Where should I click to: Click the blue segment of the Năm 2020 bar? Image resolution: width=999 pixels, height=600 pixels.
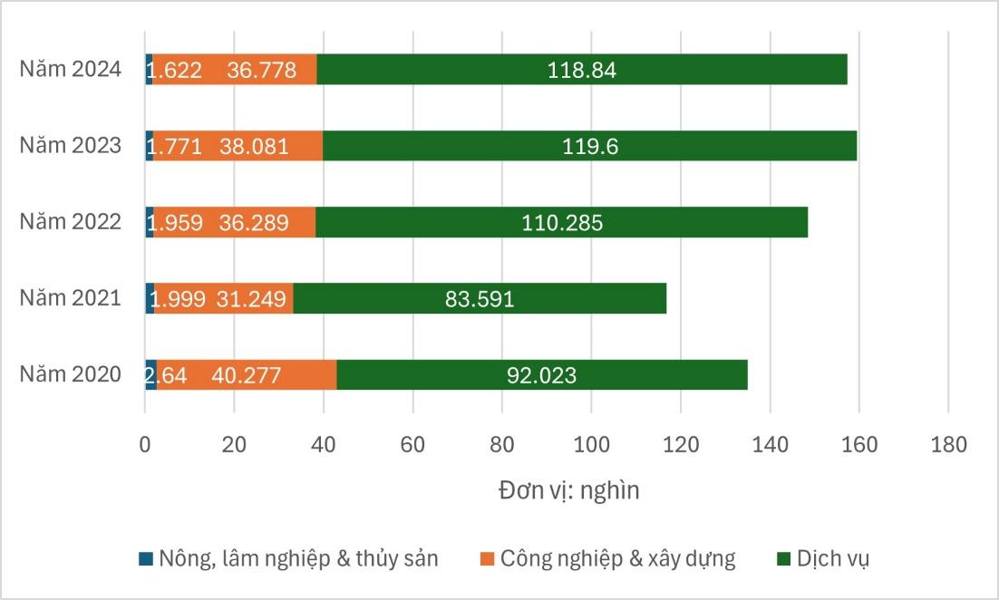coord(150,374)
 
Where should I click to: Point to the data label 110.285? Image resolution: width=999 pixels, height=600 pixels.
coord(562,223)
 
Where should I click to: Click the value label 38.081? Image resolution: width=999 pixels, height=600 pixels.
coord(254,147)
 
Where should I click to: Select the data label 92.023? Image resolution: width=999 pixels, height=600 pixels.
coord(541,375)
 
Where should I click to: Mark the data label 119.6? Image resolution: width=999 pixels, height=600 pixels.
coord(590,147)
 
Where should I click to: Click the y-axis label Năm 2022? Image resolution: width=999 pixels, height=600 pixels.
coord(71,222)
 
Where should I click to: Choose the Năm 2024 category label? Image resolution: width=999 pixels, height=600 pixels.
coord(71,70)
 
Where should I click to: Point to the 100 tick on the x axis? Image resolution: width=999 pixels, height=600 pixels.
coord(591,445)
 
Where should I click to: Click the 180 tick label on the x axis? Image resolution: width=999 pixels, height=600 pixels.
coord(948,445)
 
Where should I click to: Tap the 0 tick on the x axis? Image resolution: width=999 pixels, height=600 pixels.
coord(145,445)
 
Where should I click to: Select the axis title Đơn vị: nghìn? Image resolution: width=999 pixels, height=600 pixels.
coord(568,490)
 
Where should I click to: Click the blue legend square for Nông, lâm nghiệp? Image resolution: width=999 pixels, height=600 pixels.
coord(146,558)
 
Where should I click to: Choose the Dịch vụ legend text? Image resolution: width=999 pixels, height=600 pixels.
coord(833,558)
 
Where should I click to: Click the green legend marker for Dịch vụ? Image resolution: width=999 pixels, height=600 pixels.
coord(782,558)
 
